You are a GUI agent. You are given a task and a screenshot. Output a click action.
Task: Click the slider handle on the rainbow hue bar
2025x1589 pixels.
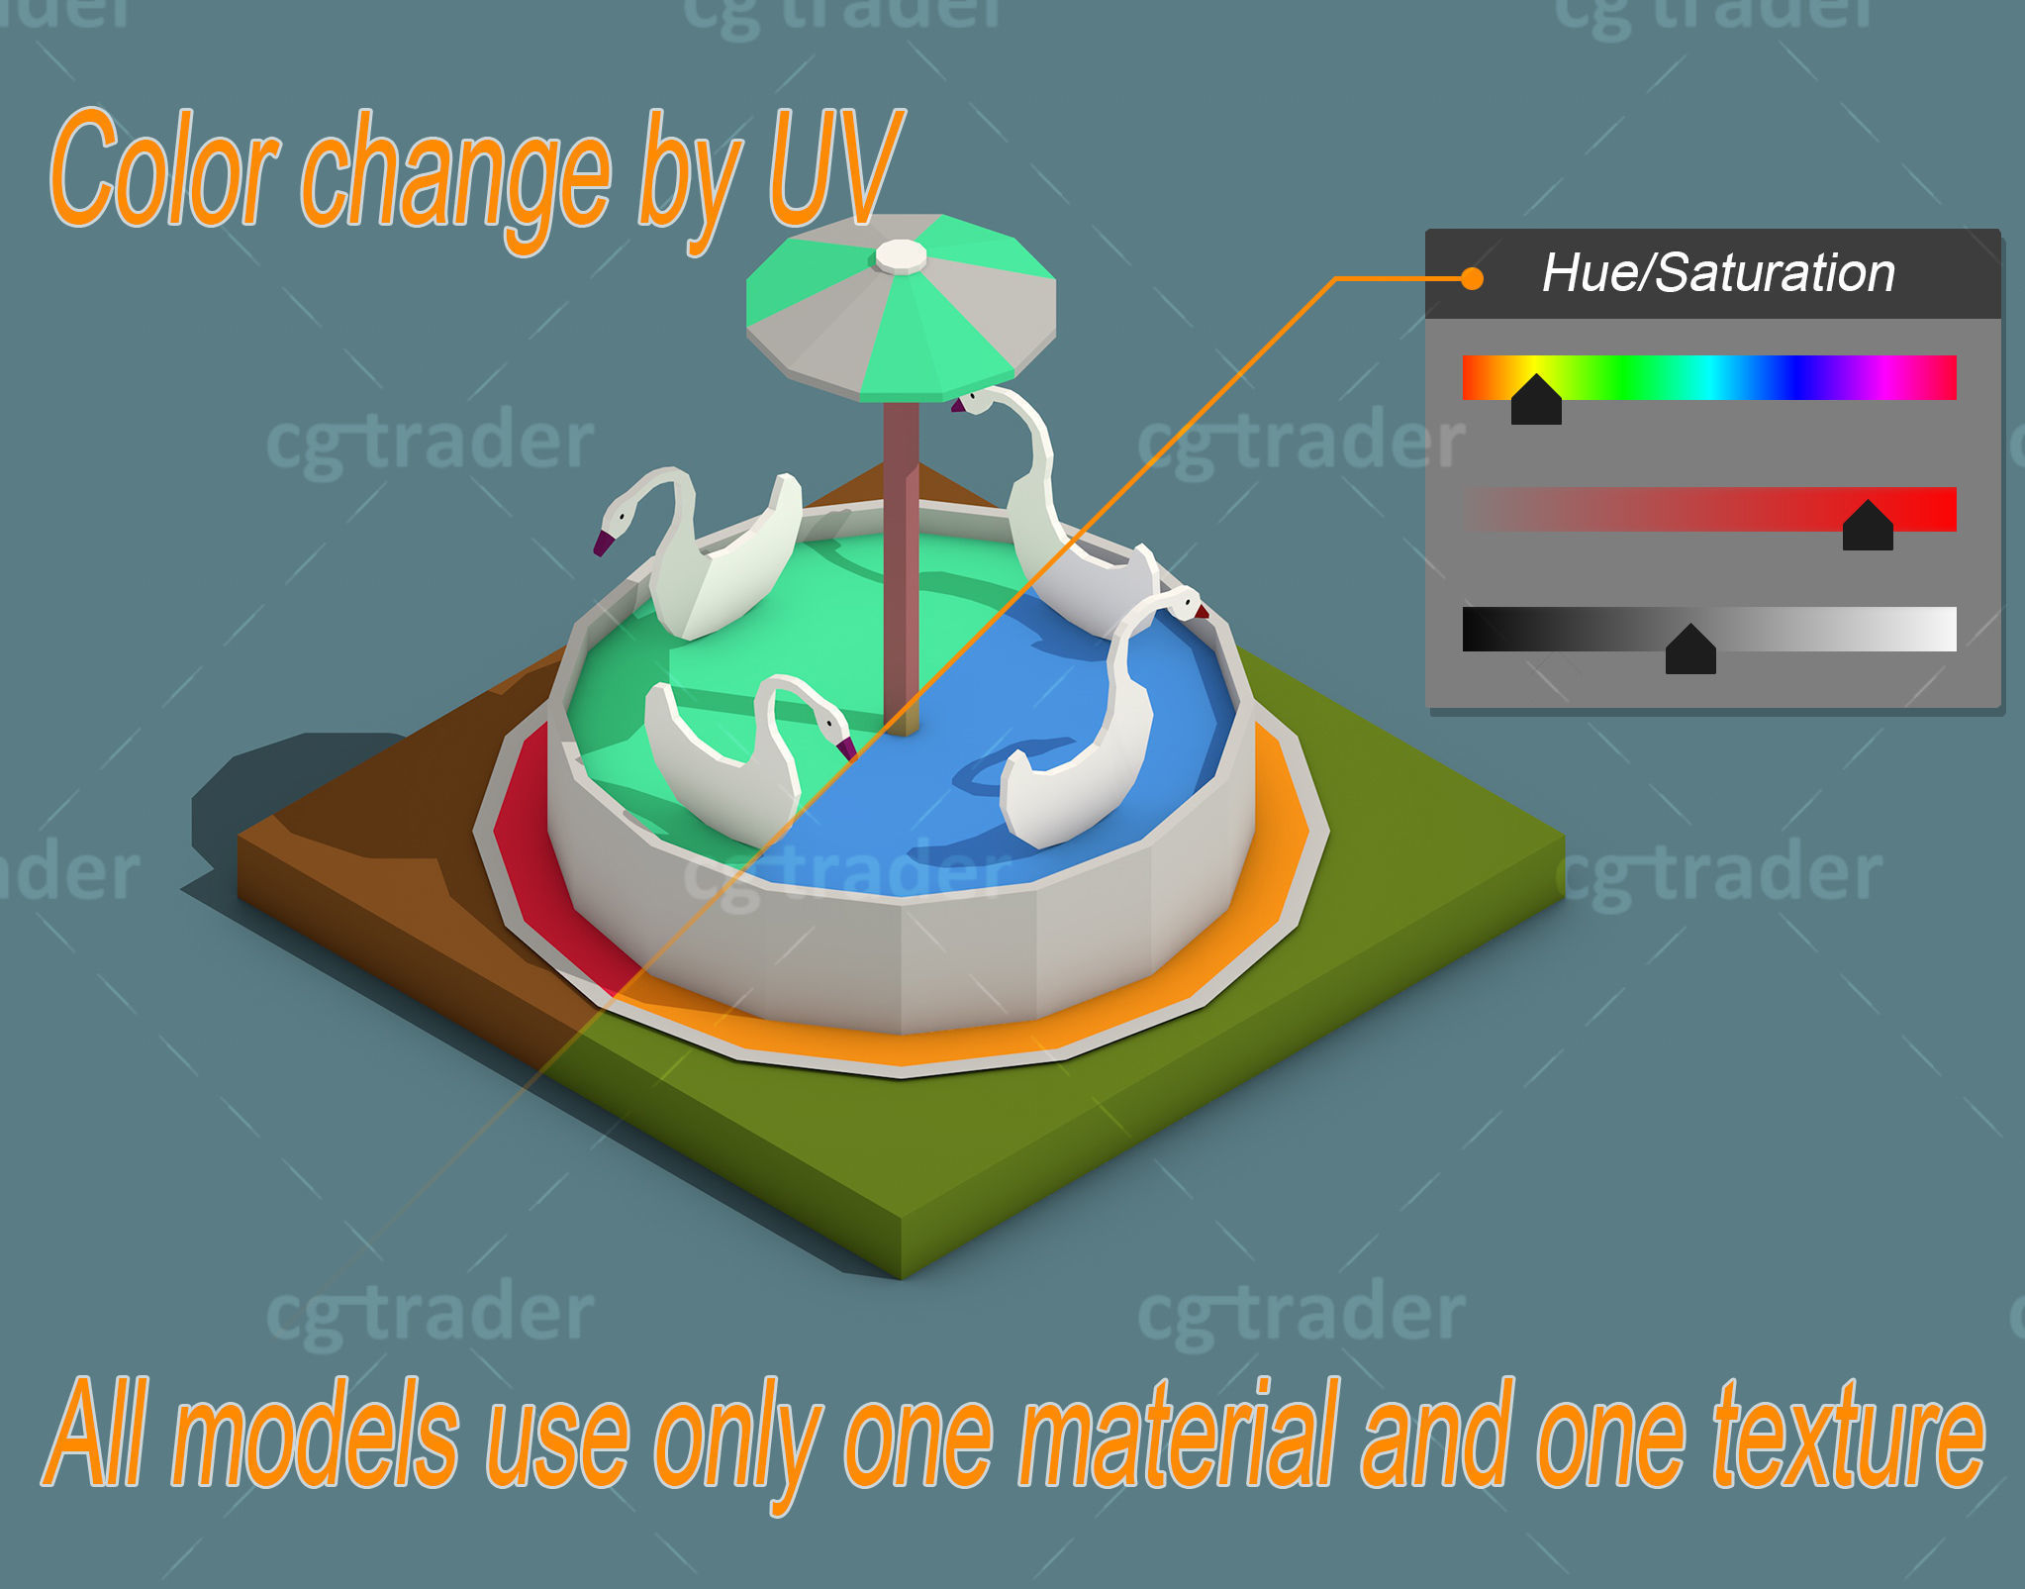click(1536, 401)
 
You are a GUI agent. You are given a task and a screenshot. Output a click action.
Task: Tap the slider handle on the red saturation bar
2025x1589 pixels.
click(1868, 527)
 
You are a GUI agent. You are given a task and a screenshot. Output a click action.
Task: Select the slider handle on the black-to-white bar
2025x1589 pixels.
click(1690, 650)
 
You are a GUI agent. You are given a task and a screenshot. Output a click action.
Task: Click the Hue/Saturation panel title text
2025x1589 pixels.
click(1718, 273)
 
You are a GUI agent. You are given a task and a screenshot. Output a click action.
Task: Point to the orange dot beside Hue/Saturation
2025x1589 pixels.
click(1472, 279)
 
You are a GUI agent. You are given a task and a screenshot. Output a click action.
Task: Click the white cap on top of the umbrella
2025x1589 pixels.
click(901, 256)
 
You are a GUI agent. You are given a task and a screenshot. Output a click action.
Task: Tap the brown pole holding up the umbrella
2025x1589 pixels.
click(901, 554)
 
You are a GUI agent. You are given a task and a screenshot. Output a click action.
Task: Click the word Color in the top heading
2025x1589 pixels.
click(163, 170)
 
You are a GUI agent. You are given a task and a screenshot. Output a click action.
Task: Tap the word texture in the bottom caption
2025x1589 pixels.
click(1849, 1436)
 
